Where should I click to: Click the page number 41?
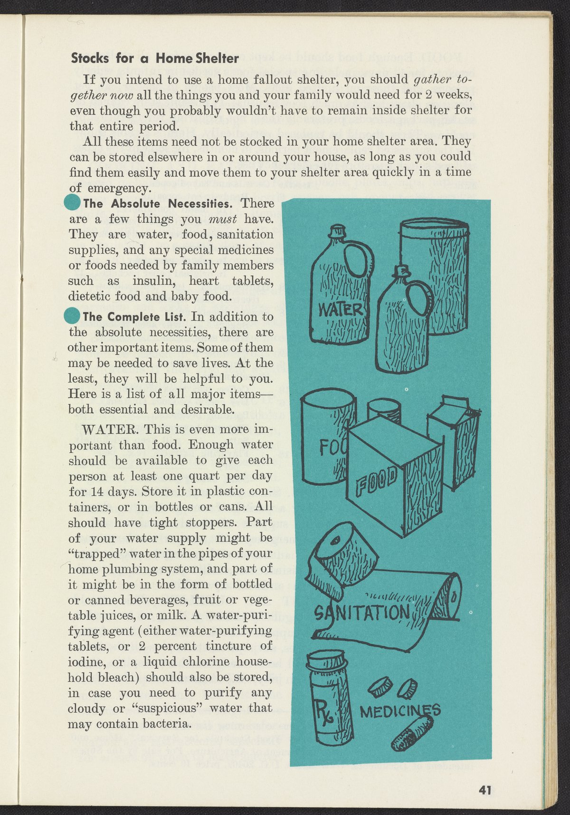point(484,790)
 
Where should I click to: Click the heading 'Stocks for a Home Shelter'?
point(155,58)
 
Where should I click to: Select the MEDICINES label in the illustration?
point(400,712)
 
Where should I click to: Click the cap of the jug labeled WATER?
point(337,231)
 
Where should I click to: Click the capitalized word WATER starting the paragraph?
point(110,429)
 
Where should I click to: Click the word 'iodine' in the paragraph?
point(86,661)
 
